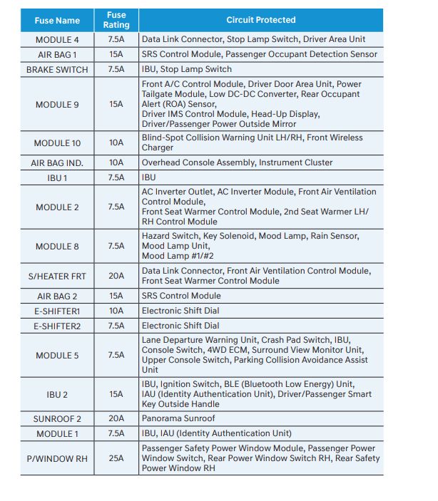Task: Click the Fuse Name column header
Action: (57, 21)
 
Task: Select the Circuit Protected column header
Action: (260, 20)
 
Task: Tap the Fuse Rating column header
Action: (116, 20)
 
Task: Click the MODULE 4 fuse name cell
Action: (57, 39)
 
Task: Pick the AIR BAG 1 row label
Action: (57, 54)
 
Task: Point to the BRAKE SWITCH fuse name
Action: (57, 69)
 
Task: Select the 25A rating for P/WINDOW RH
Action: (116, 459)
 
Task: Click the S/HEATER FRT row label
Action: (57, 276)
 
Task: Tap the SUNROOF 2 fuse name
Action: (57, 418)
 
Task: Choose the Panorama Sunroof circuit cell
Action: (178, 418)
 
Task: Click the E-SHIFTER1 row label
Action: (57, 311)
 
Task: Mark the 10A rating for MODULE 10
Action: (116, 143)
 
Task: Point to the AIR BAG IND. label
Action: (57, 162)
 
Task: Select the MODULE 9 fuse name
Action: (57, 104)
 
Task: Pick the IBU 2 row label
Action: (57, 394)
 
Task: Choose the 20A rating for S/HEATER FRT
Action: (116, 276)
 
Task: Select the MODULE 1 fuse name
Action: (57, 433)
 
